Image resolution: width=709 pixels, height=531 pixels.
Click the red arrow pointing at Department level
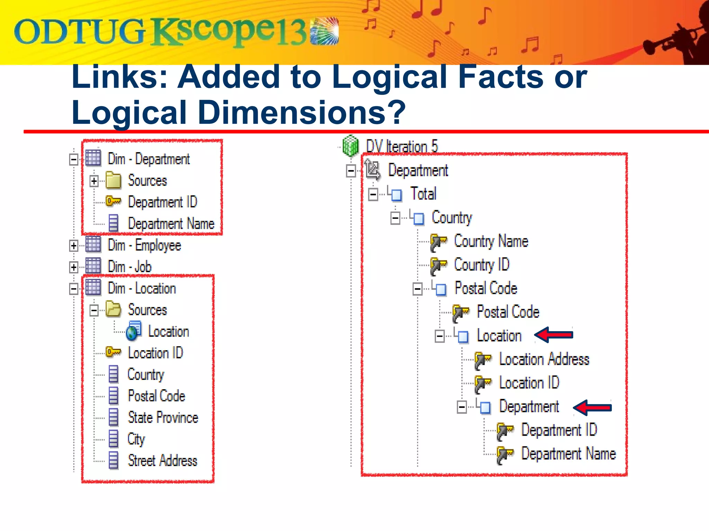(x=592, y=408)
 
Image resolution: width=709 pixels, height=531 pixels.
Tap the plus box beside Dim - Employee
(x=73, y=245)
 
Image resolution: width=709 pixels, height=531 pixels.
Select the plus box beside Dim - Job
(x=73, y=267)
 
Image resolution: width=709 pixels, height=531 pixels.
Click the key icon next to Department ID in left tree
(x=113, y=201)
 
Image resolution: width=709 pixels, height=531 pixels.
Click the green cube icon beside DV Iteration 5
(x=350, y=146)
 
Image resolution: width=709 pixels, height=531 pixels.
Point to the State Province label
(x=163, y=418)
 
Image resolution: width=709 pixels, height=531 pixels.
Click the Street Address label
(x=162, y=461)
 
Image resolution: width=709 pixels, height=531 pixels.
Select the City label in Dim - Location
(x=136, y=439)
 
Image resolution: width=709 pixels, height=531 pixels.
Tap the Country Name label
(x=491, y=241)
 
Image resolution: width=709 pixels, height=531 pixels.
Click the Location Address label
(x=544, y=359)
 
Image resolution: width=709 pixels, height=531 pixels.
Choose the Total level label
(x=423, y=194)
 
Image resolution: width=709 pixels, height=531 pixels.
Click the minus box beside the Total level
(x=373, y=194)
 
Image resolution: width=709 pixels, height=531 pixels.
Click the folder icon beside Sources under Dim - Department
(x=113, y=180)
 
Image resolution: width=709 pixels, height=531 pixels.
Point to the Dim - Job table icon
(x=93, y=266)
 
